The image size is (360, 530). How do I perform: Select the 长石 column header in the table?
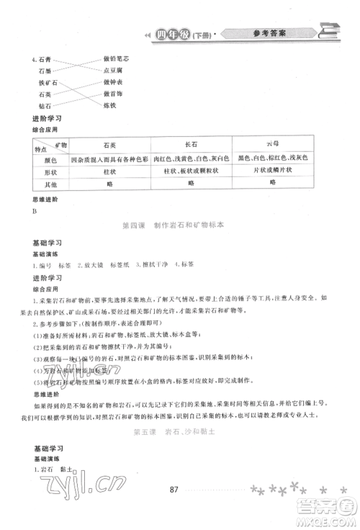[191, 144]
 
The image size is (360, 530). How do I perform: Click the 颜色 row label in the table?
[49, 158]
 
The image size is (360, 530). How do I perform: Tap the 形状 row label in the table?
[49, 171]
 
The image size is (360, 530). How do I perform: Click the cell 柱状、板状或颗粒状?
[191, 171]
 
